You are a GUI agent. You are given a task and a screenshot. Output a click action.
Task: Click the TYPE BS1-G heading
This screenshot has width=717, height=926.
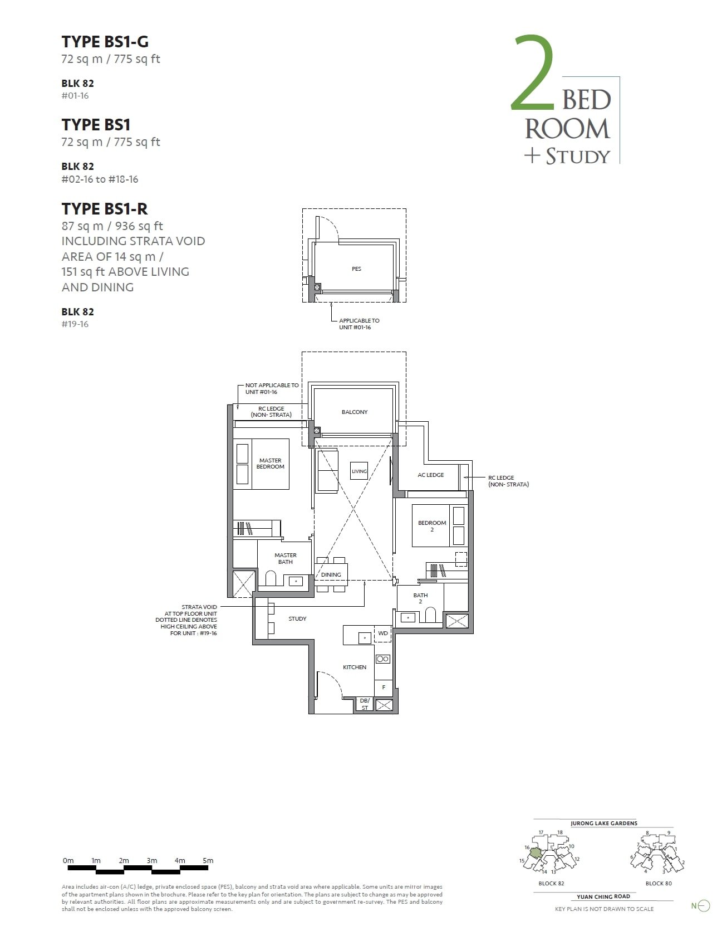pyautogui.click(x=105, y=42)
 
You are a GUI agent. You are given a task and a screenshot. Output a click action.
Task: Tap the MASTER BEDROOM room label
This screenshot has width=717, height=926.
pyautogui.click(x=270, y=464)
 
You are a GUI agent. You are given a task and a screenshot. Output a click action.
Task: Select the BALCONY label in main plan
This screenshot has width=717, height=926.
pyautogui.click(x=355, y=412)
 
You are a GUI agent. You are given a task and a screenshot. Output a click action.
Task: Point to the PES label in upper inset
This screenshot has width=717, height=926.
pyautogui.click(x=356, y=269)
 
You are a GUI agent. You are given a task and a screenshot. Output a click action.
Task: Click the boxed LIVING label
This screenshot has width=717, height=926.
pyautogui.click(x=359, y=471)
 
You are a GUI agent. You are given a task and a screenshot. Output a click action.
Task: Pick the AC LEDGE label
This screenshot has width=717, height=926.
pyautogui.click(x=430, y=475)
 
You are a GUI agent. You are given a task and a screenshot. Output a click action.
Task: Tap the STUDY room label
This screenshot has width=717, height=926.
pyautogui.click(x=297, y=619)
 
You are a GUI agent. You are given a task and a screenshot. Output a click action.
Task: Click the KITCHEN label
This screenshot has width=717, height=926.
pyautogui.click(x=355, y=667)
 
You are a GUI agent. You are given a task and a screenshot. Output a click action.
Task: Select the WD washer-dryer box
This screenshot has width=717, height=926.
pyautogui.click(x=383, y=633)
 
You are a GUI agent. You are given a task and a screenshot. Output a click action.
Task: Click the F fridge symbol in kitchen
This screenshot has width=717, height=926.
pyautogui.click(x=384, y=688)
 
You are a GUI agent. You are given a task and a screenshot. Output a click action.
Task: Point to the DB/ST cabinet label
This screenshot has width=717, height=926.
pyautogui.click(x=365, y=704)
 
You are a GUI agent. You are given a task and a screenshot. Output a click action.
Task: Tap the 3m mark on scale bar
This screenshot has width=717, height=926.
pyautogui.click(x=151, y=861)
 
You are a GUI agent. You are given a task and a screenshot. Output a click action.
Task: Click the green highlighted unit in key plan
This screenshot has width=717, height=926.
pyautogui.click(x=535, y=853)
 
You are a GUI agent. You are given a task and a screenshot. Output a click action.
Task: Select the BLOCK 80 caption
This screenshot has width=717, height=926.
pyautogui.click(x=659, y=884)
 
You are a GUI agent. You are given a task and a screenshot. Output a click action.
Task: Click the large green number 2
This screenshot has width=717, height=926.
pyautogui.click(x=533, y=72)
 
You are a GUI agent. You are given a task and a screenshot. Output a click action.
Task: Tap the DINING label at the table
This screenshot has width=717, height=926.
pyautogui.click(x=331, y=575)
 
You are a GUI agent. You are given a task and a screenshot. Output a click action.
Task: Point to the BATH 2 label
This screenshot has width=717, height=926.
pyautogui.click(x=420, y=598)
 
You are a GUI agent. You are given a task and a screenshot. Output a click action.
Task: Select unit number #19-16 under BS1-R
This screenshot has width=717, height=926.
pyautogui.click(x=75, y=324)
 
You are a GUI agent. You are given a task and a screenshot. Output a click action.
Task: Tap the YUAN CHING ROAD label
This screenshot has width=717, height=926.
pyautogui.click(x=603, y=897)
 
